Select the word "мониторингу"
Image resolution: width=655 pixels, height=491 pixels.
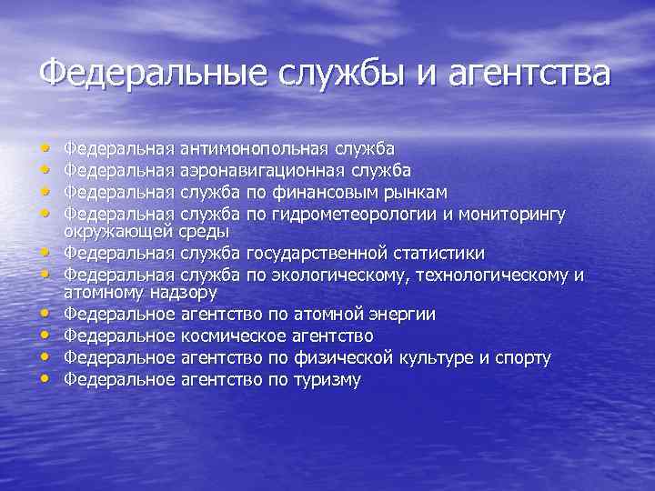pyautogui.click(x=513, y=215)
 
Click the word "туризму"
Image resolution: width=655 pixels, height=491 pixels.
pyautogui.click(x=326, y=380)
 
